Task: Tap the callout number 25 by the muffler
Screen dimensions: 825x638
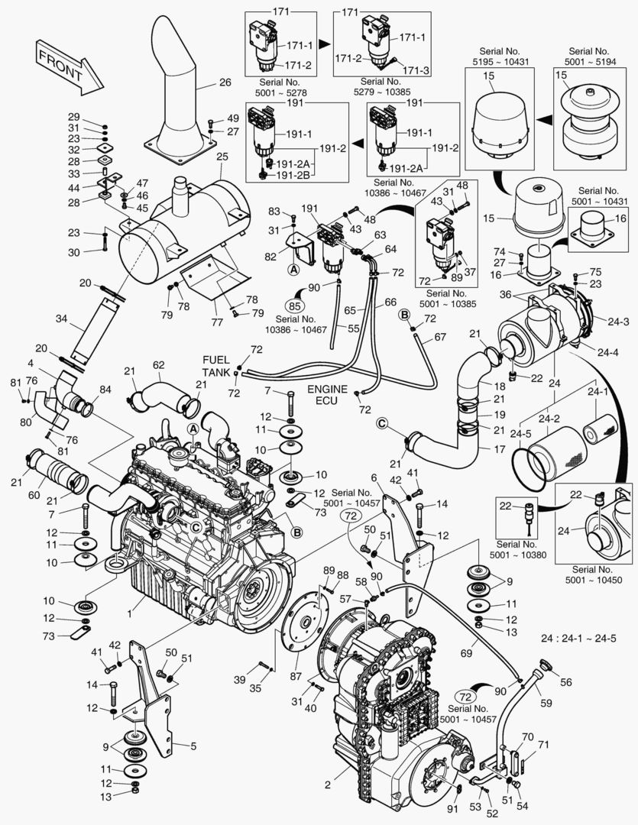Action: [x=223, y=157]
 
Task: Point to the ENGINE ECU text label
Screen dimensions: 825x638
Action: [x=328, y=395]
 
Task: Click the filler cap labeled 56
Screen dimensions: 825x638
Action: [x=545, y=666]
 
